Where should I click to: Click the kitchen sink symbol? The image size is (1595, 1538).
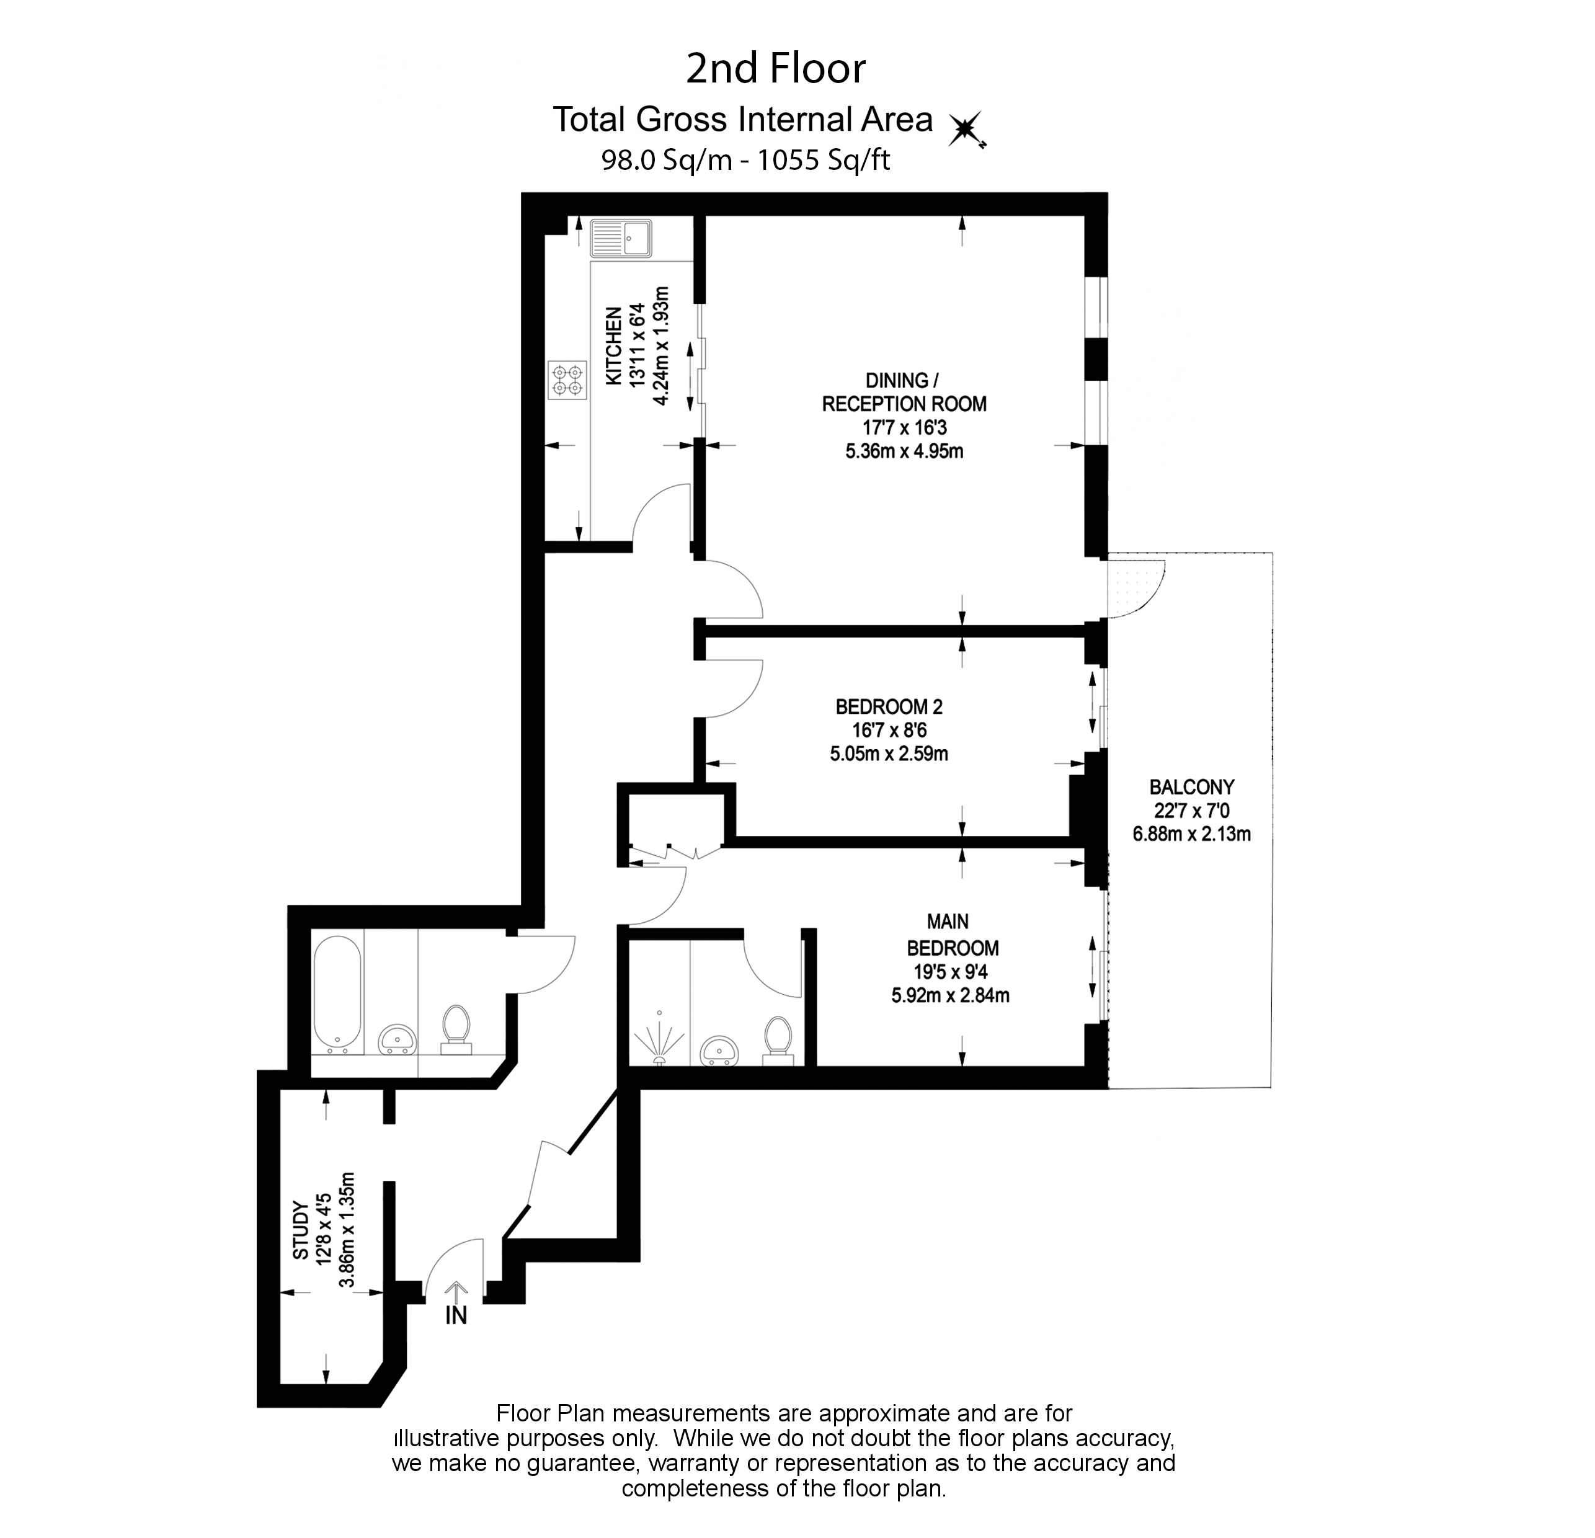(621, 238)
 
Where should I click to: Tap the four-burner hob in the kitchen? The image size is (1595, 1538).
(567, 380)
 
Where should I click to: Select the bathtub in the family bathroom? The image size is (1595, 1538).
(337, 994)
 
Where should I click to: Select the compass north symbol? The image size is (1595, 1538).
(967, 130)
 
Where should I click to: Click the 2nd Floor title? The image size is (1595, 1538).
(776, 68)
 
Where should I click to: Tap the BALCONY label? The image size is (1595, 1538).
(1191, 787)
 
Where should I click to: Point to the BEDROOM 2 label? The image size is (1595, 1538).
(889, 706)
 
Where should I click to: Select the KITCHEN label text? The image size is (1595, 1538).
(613, 346)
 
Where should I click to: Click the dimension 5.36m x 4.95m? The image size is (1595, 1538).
(904, 451)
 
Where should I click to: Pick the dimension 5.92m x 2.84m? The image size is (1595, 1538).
(951, 994)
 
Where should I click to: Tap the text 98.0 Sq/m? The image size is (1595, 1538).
(667, 159)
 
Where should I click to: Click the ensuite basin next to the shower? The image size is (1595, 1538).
(720, 1050)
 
